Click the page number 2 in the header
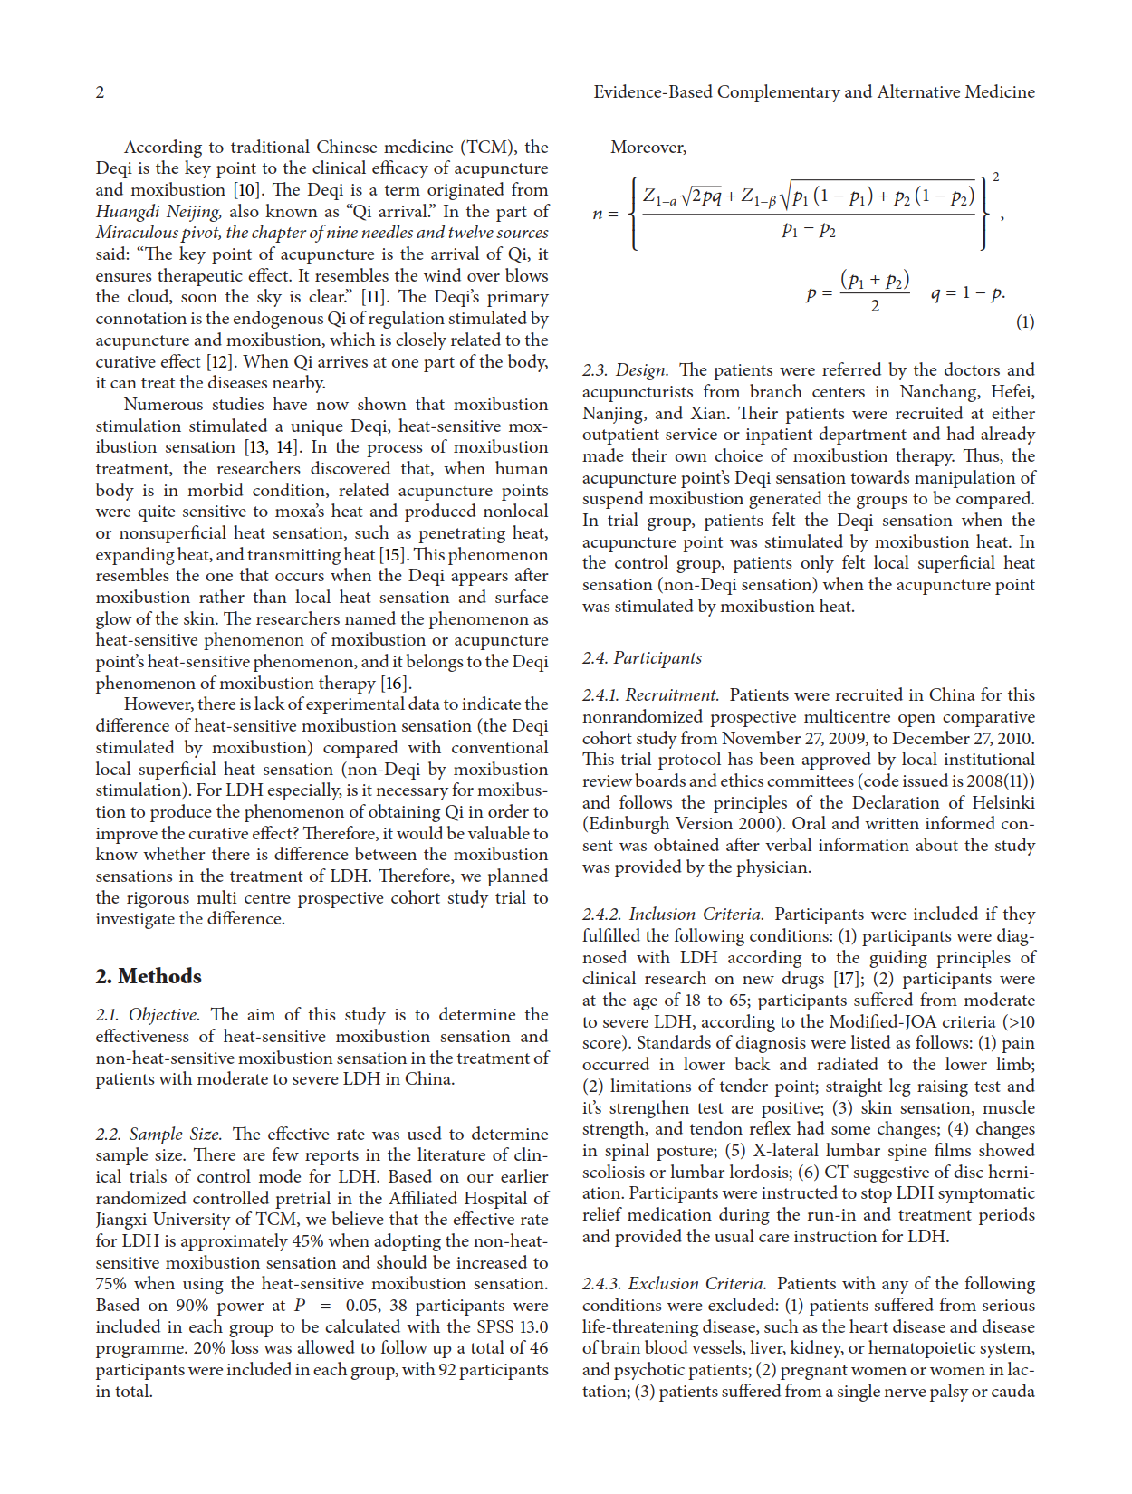[x=100, y=92]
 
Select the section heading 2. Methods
[x=149, y=976]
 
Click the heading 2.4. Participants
[x=642, y=658]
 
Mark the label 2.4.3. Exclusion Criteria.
[x=675, y=1284]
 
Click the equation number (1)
[x=1024, y=322]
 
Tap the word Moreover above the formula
[x=648, y=148]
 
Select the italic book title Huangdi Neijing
[x=158, y=212]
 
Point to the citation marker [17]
[x=848, y=979]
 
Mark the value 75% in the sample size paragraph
[x=114, y=1284]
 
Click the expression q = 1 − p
[x=967, y=293]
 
